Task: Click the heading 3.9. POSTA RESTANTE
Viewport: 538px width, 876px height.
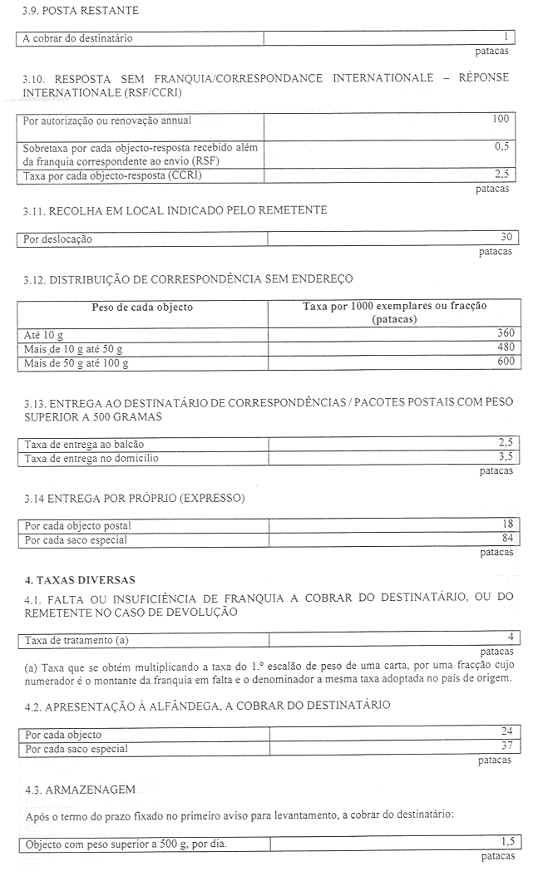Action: (x=81, y=11)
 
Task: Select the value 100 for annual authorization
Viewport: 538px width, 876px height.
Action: (x=500, y=120)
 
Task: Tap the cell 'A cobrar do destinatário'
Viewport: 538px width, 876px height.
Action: (x=77, y=38)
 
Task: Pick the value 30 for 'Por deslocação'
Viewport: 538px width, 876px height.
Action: (x=506, y=238)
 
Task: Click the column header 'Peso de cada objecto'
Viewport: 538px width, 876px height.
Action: (x=142, y=307)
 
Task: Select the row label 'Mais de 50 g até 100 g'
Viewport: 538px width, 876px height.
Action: (x=77, y=362)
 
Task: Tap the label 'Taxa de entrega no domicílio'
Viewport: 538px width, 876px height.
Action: (x=91, y=458)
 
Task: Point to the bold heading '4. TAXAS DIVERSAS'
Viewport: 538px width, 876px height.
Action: (x=80, y=579)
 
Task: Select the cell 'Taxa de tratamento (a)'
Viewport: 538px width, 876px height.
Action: (x=77, y=640)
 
